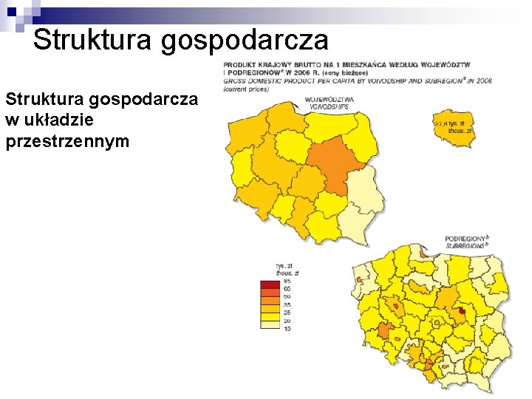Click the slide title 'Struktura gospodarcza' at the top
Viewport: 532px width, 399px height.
coord(180,40)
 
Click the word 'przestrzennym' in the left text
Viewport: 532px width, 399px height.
coord(67,140)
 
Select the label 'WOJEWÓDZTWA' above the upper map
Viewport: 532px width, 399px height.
coord(329,100)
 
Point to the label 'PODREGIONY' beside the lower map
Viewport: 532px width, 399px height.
coord(465,239)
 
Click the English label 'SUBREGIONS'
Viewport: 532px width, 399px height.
coord(465,245)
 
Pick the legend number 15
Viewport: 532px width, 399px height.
coord(287,329)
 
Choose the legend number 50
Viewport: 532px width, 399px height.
coord(287,297)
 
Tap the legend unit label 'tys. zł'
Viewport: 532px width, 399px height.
coord(285,265)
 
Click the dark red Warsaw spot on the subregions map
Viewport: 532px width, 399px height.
coord(462,312)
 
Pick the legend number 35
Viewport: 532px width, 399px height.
coord(287,305)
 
